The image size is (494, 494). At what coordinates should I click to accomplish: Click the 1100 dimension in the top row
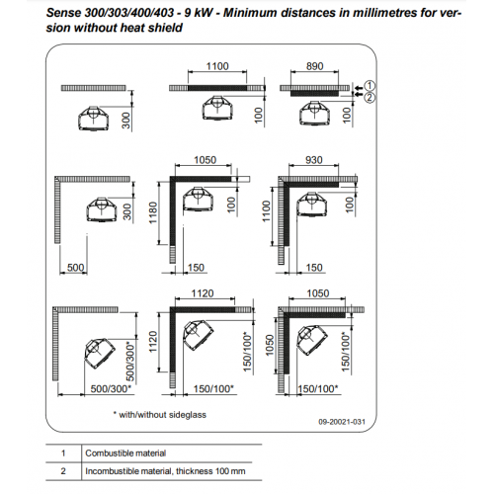pos(217,66)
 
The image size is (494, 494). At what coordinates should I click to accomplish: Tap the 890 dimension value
pos(315,66)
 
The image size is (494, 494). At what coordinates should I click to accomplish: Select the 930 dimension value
pos(313,160)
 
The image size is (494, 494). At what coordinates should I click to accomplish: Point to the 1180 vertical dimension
pos(153,212)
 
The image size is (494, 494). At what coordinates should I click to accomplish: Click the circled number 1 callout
pos(370,86)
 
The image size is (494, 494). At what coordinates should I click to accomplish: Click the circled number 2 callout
pos(370,97)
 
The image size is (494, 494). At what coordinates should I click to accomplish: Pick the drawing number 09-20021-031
pos(342,422)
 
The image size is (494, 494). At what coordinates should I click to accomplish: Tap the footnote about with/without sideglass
pos(160,415)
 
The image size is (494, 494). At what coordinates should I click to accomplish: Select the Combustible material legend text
pos(125,453)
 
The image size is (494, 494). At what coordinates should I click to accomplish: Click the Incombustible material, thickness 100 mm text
pos(165,471)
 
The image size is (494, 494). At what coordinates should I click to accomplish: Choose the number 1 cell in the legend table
pos(63,453)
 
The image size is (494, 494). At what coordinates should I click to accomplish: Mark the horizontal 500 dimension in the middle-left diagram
pos(75,268)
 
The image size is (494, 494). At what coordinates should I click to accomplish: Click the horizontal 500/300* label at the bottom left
pos(111,389)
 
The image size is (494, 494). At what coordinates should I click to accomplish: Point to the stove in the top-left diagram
pos(94,119)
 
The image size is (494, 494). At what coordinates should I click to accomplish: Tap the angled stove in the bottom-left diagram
pos(100,353)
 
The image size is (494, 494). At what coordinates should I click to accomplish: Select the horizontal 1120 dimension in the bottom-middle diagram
pos(203,293)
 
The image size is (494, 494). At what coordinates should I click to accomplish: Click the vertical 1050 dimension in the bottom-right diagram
pos(270,345)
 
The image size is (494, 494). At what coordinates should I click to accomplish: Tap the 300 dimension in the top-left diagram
pos(126,121)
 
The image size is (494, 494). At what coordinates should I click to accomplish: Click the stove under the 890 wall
pos(315,114)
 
